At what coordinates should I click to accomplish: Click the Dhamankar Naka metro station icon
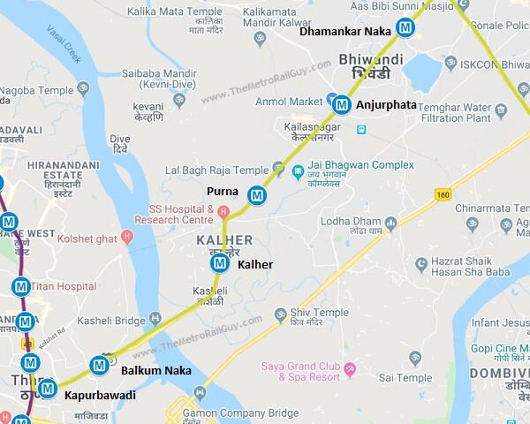click(405, 28)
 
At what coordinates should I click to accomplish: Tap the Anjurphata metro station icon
click(342, 104)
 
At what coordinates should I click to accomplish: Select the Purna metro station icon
click(257, 194)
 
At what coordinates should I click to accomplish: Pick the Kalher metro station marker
click(219, 262)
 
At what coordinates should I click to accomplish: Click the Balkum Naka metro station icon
click(100, 364)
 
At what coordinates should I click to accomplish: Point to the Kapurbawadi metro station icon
click(47, 388)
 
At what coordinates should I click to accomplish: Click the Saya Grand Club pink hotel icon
click(350, 367)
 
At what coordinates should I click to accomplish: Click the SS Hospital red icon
click(223, 212)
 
